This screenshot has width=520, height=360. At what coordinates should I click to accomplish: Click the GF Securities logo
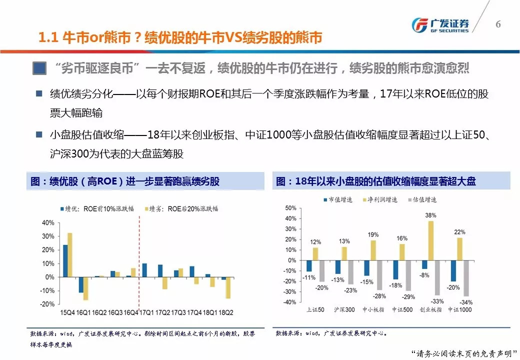click(439, 25)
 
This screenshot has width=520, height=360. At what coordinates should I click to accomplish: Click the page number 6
click(498, 24)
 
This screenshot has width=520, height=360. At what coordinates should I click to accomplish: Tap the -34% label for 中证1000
click(465, 302)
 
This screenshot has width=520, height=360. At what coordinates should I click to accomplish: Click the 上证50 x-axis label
click(315, 310)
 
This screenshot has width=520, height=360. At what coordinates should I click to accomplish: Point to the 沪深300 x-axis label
click(343, 310)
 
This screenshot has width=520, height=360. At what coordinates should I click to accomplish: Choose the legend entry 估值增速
click(422, 199)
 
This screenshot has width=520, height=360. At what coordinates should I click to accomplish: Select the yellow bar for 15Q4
click(69, 255)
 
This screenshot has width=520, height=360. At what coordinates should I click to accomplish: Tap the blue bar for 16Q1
click(81, 284)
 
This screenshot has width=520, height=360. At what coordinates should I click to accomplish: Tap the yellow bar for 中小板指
click(373, 250)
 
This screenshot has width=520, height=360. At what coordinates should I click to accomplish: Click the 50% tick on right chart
click(290, 207)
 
